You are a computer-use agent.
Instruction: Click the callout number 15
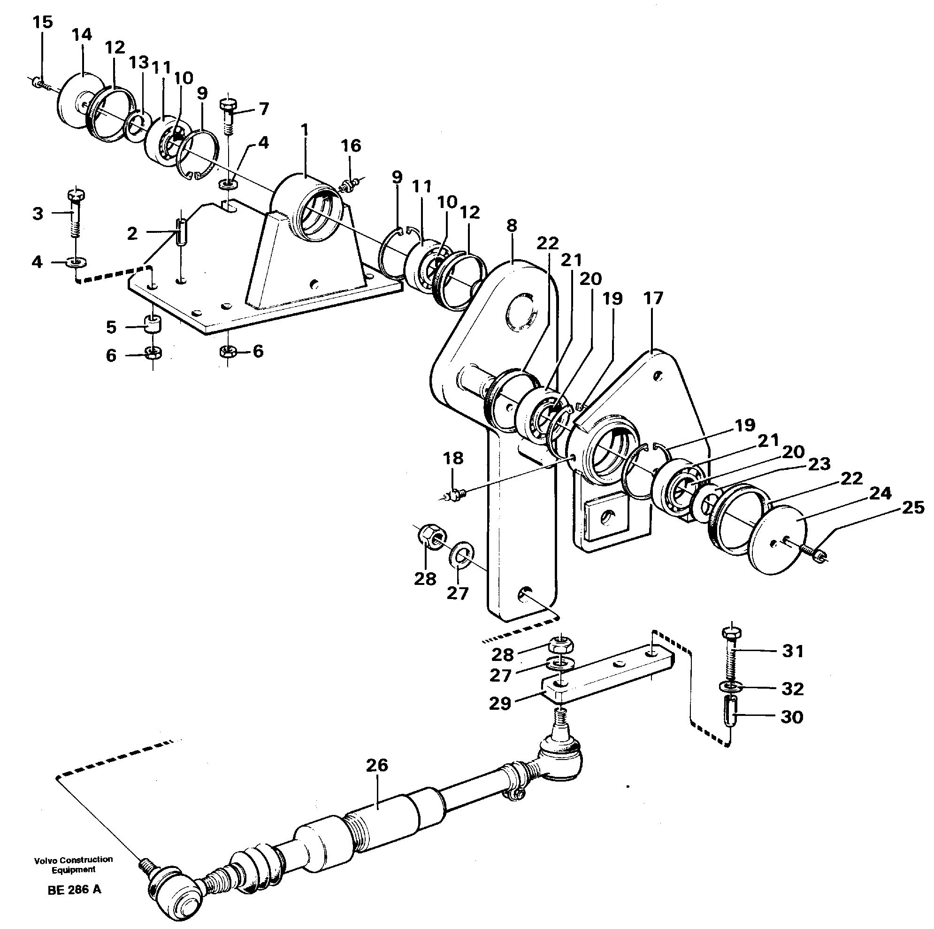(43, 23)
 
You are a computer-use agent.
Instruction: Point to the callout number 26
(376, 765)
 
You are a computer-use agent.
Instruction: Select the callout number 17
(653, 299)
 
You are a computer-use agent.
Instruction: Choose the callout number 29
(499, 703)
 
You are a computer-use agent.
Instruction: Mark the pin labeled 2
(181, 232)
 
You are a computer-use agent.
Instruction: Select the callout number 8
(512, 225)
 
